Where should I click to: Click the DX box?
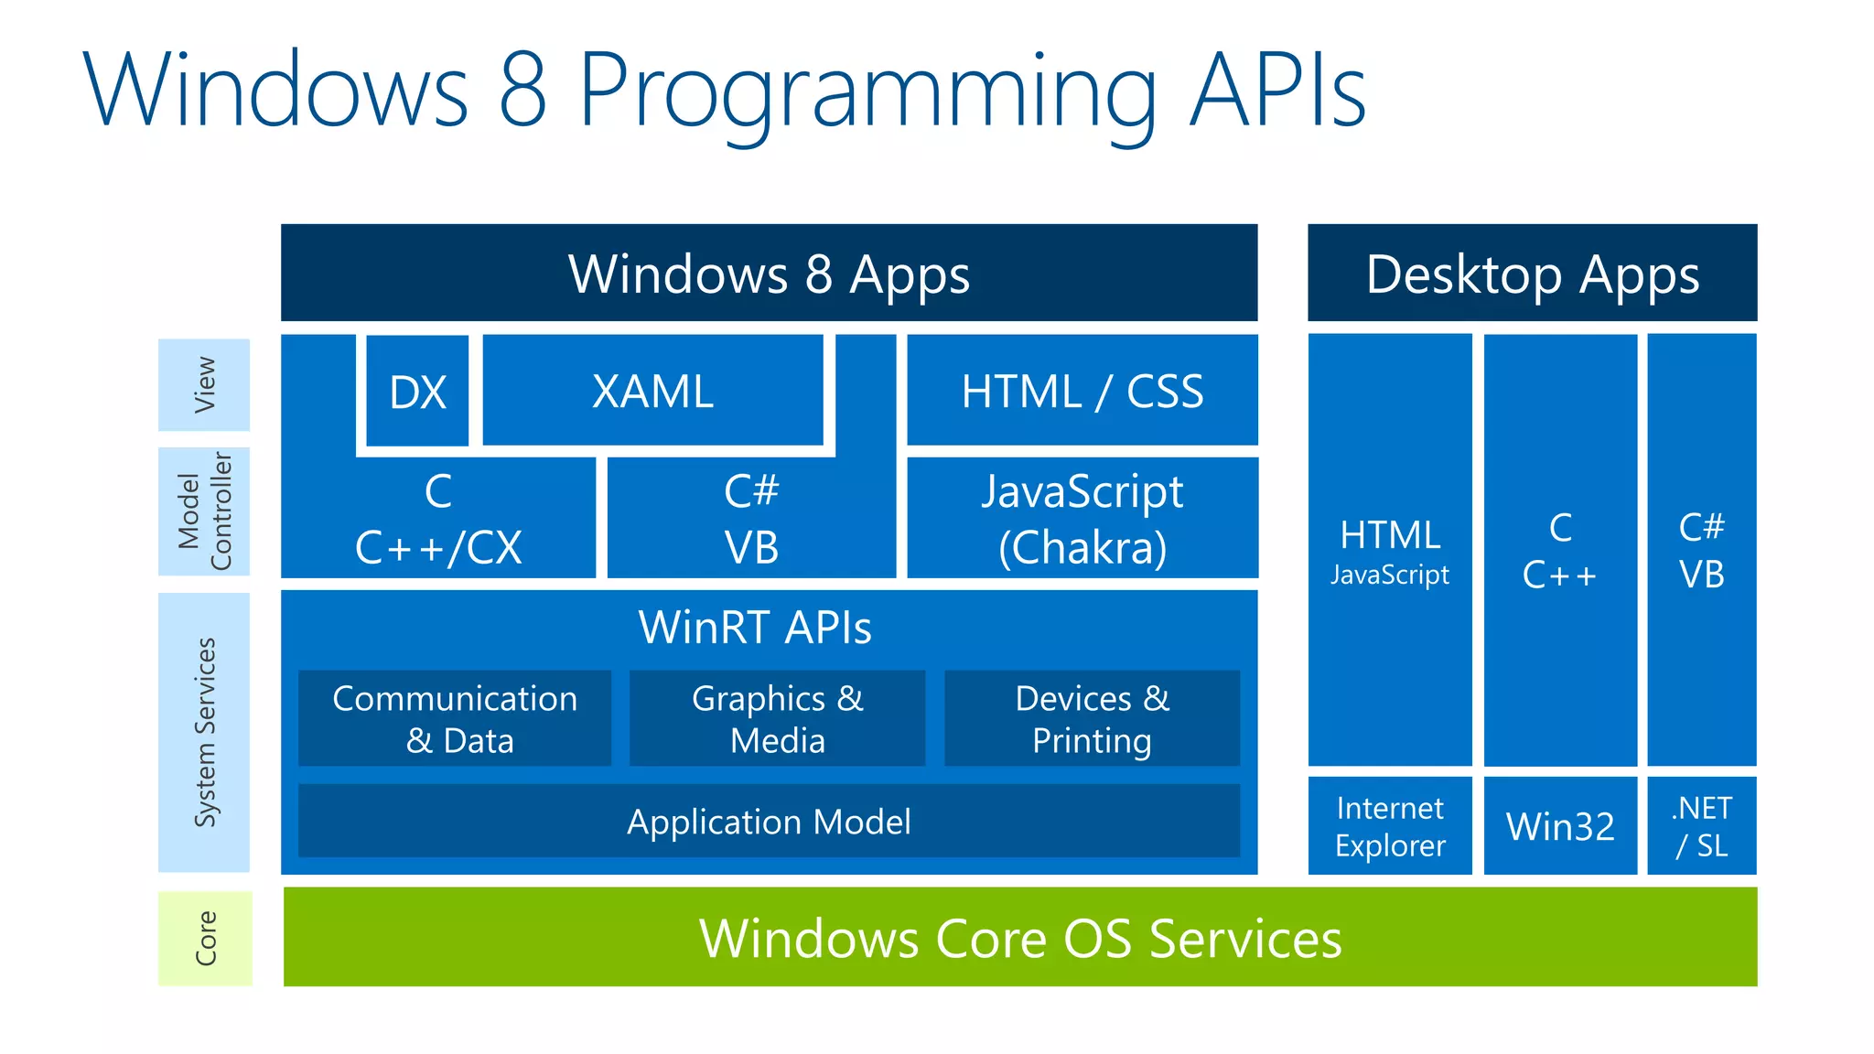click(417, 392)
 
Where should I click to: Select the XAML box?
click(652, 391)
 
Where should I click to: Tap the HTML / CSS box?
click(1082, 391)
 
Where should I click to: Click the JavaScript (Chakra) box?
click(1082, 519)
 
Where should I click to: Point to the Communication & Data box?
click(455, 718)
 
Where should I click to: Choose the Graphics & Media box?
click(777, 718)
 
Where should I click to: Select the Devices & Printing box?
click(1092, 718)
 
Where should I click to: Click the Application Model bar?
click(769, 821)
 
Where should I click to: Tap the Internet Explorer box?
click(1389, 825)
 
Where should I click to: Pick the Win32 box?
click(1560, 825)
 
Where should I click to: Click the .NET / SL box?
click(1701, 825)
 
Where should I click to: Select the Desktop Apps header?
click(1532, 273)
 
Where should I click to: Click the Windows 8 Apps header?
click(769, 273)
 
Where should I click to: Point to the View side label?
click(204, 384)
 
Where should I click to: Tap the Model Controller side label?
click(204, 511)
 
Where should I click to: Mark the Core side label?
click(205, 938)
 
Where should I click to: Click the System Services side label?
click(204, 732)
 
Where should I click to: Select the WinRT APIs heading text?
click(755, 628)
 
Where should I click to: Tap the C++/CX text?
click(438, 548)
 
